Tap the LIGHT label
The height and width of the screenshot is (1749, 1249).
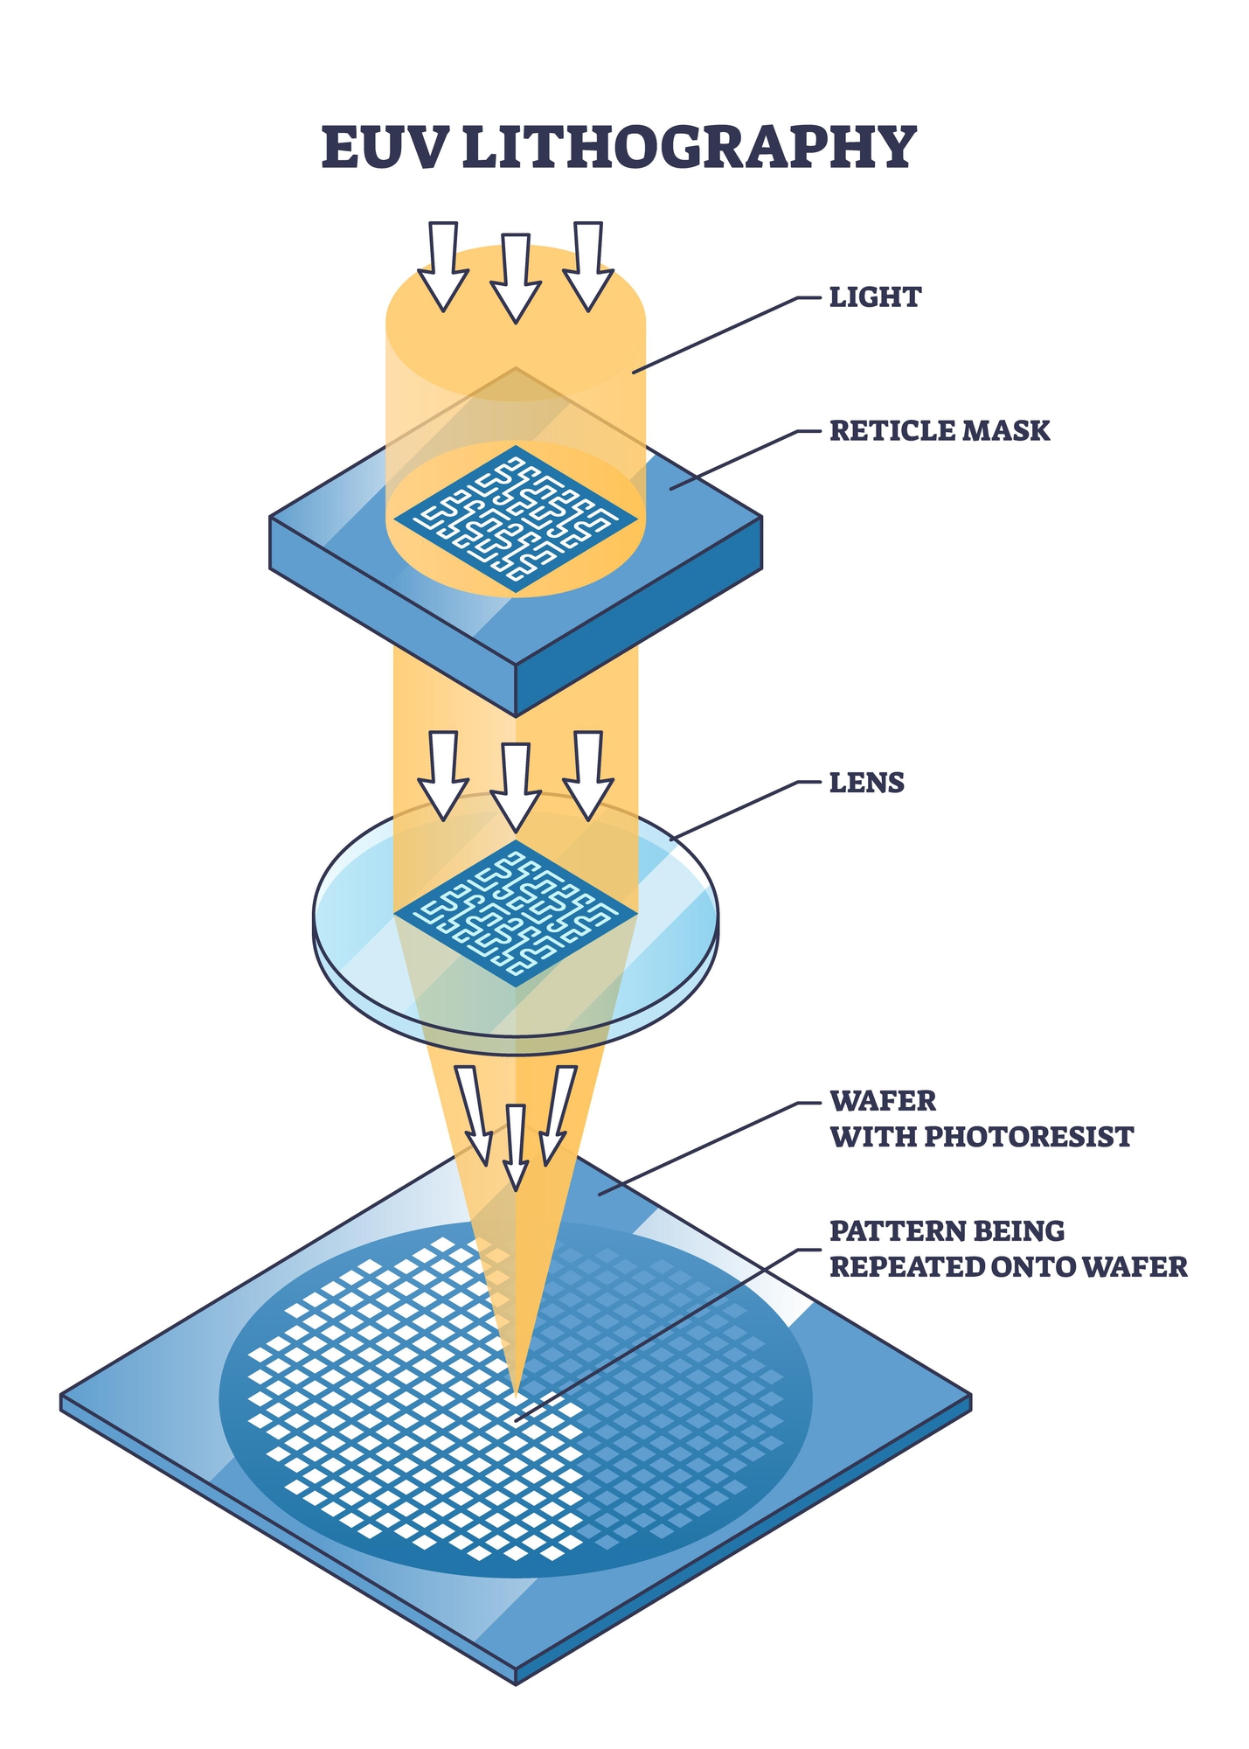coord(874,297)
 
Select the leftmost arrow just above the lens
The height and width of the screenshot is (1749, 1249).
coord(443,774)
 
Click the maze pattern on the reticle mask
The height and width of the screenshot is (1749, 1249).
coord(516,519)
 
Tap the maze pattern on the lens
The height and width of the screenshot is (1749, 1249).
coord(516,914)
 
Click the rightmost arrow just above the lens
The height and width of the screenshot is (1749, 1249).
coord(587,774)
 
